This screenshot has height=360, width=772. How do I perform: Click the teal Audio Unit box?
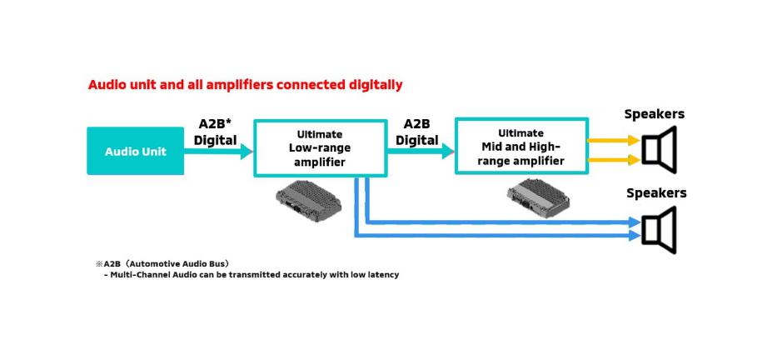(135, 151)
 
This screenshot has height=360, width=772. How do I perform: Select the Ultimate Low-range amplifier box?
(320, 147)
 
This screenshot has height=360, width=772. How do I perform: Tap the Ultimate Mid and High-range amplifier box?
(520, 147)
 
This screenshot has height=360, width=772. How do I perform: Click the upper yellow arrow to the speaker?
(613, 140)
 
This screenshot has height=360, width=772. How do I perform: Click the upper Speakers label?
(655, 114)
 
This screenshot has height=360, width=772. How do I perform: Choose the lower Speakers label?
(656, 193)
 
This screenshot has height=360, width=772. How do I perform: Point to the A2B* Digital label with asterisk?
(216, 132)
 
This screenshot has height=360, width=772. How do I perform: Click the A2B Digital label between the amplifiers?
(417, 132)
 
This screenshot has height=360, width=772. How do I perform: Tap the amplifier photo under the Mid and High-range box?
(539, 198)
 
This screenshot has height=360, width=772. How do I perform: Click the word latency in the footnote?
(381, 274)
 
